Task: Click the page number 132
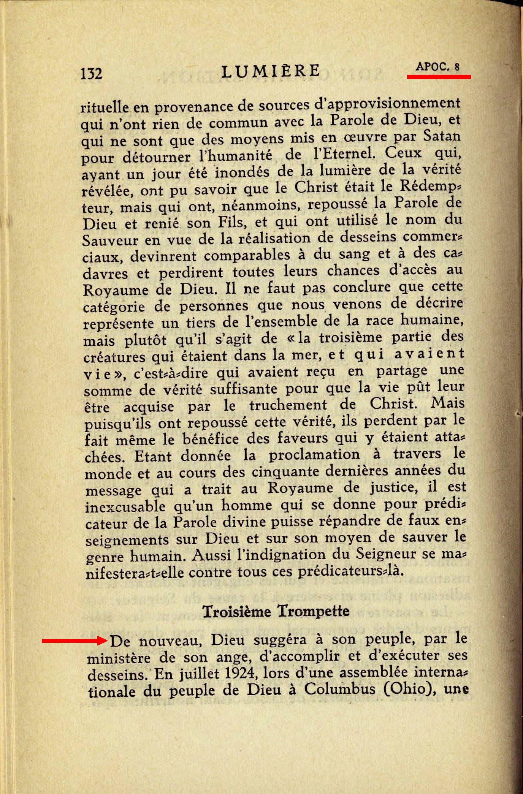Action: click(x=91, y=73)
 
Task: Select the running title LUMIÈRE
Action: click(x=271, y=71)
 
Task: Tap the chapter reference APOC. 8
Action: click(x=437, y=67)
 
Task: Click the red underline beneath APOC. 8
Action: click(x=439, y=77)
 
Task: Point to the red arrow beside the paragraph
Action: click(x=74, y=641)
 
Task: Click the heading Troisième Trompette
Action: click(x=276, y=611)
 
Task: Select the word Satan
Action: click(x=441, y=136)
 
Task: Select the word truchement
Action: click(x=288, y=405)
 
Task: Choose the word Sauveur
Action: click(x=110, y=240)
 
